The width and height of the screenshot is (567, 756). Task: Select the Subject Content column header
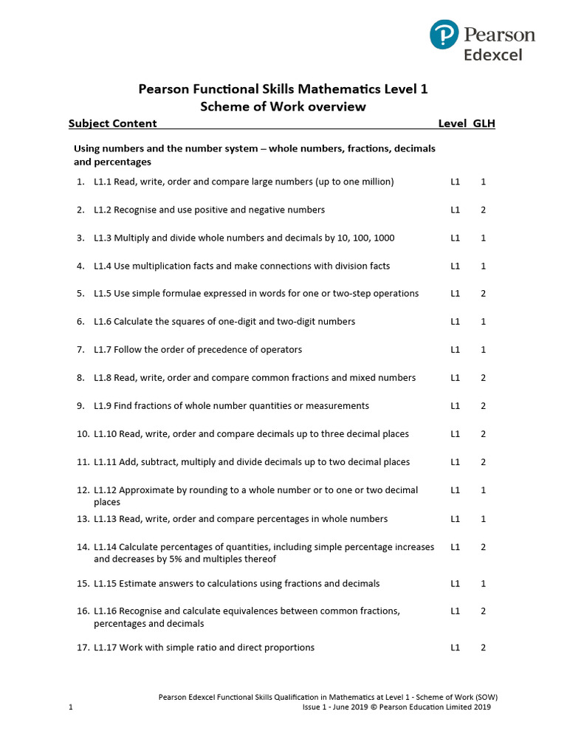coord(112,123)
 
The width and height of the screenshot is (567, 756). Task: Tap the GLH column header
coord(484,123)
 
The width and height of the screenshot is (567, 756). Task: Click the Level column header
coord(452,123)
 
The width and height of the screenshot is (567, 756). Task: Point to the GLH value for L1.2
coord(483,210)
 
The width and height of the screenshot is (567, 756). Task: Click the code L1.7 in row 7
coord(103,349)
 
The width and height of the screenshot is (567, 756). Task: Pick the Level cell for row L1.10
coord(456,434)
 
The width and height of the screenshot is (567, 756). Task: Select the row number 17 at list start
coord(82,647)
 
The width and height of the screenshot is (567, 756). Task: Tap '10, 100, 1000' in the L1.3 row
coord(365,238)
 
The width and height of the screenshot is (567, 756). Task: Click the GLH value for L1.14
coord(483,547)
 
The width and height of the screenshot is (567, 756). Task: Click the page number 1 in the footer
coord(71,707)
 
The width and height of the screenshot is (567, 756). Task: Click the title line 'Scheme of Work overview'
coord(283,106)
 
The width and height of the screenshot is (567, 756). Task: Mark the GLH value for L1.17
coord(483,647)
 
